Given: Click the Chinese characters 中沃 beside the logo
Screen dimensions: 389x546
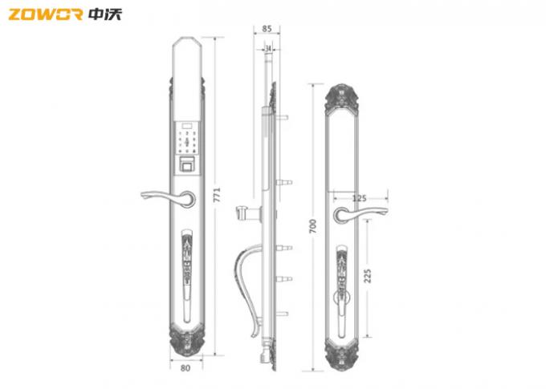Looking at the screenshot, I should coord(105,14).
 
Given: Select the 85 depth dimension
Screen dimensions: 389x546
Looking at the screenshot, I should coord(266,28).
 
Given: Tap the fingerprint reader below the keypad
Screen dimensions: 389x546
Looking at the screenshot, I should coord(188,166).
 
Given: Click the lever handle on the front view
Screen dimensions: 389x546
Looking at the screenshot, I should coord(165,195).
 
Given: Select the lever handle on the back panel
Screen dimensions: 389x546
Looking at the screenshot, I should coord(362,213).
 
